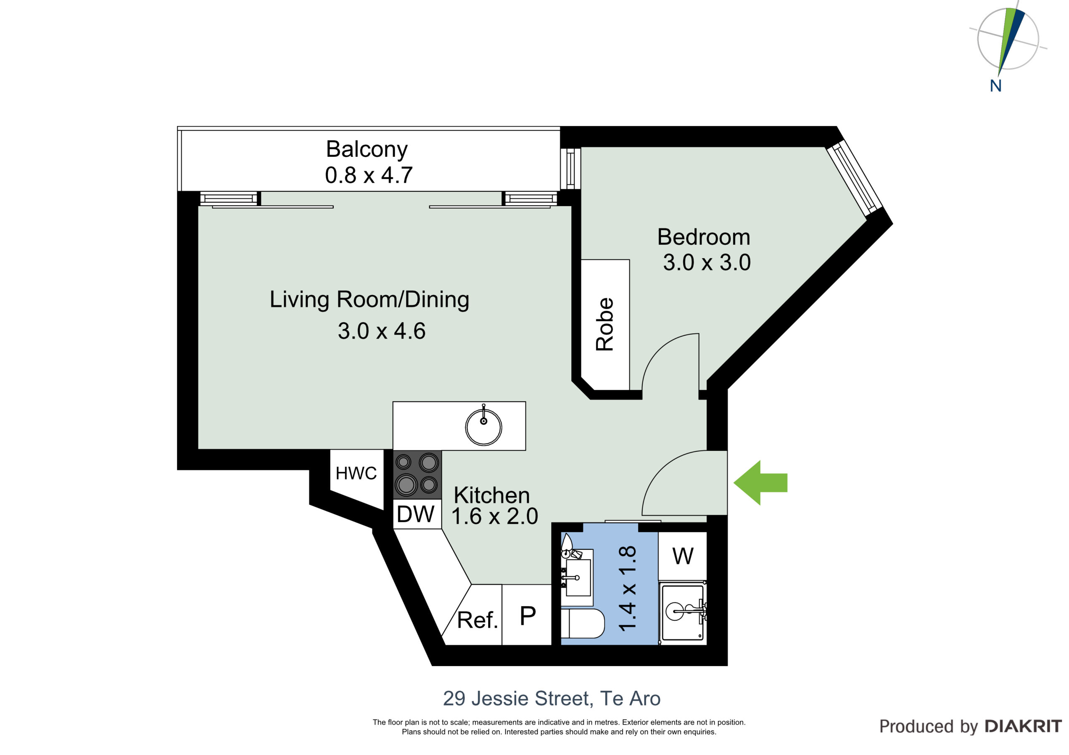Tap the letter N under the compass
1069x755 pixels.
tap(996, 86)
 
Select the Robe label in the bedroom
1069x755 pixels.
tap(605, 324)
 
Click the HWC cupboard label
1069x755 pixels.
tap(356, 473)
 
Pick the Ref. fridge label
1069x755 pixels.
tap(478, 619)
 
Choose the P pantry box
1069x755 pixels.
tap(527, 615)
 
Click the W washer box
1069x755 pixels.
tap(683, 556)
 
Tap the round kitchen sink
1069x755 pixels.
tap(484, 427)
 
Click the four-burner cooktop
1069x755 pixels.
tap(418, 475)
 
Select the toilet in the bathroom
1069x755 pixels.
tap(583, 623)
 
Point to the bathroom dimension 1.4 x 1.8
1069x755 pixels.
tap(628, 589)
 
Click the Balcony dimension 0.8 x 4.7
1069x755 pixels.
tap(369, 175)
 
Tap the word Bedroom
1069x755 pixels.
tap(704, 237)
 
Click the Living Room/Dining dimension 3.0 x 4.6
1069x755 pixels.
tap(381, 331)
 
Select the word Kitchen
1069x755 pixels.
tap(491, 495)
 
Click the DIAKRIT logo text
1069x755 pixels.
tap(1023, 726)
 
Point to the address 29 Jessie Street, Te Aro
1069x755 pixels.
tap(552, 698)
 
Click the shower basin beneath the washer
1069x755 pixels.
tap(683, 613)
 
